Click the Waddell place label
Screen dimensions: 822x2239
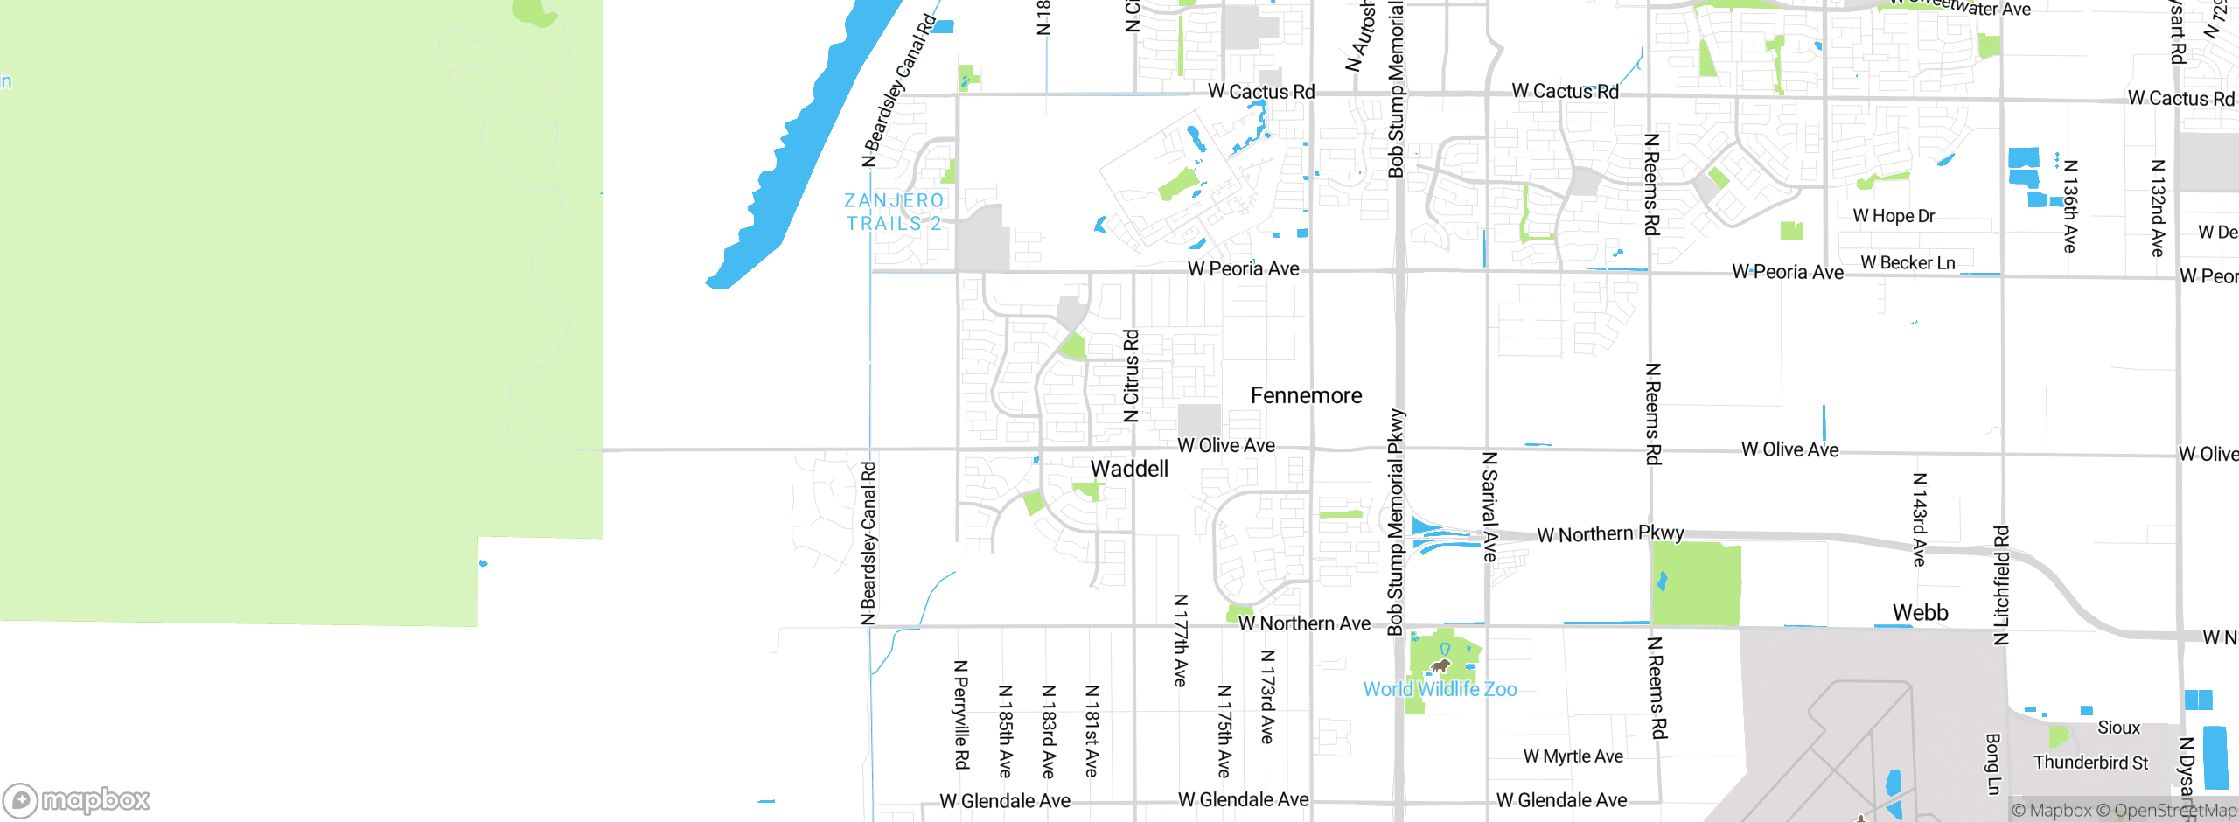[x=1129, y=469]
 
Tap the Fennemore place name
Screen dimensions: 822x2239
[x=1306, y=396]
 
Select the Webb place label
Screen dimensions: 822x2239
[x=1920, y=612]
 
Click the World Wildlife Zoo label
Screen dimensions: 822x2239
[x=1440, y=689]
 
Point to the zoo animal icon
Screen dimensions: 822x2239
[x=1440, y=667]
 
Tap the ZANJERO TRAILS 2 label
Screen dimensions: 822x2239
[x=894, y=212]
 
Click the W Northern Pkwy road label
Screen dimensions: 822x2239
[x=1610, y=533]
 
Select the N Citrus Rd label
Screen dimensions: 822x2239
[x=1131, y=376]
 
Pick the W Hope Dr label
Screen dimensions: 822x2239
[x=1894, y=216]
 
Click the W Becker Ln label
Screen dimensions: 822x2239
[x=1908, y=263]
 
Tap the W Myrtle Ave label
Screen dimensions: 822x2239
[x=1573, y=756]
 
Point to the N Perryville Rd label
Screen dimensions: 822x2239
[x=961, y=714]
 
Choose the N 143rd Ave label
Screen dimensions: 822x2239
[x=1920, y=519]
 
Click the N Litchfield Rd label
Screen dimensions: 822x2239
[x=2001, y=585]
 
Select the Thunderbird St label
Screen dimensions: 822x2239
[x=2090, y=763]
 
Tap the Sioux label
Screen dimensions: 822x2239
[x=2118, y=728]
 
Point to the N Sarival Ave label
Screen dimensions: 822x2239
[x=1490, y=506]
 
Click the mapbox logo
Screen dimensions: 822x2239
[x=77, y=799]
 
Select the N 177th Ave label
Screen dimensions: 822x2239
[x=1180, y=640]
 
